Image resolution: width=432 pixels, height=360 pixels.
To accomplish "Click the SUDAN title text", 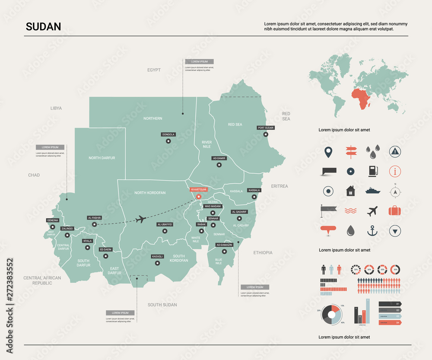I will click(x=43, y=27).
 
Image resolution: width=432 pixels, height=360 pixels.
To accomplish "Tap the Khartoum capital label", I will click(x=199, y=189).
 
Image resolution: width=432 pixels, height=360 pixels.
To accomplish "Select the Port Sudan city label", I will click(x=266, y=128).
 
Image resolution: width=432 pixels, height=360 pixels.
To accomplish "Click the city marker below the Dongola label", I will click(x=168, y=141).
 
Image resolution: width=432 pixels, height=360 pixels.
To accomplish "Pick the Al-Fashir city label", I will click(x=94, y=218).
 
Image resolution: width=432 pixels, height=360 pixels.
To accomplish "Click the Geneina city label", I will click(x=52, y=220).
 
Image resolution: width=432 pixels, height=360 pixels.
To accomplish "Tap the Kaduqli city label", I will click(x=157, y=256).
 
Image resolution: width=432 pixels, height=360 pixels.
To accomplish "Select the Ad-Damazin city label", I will click(x=224, y=245).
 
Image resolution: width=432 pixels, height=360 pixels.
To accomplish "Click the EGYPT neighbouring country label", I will click(x=154, y=70).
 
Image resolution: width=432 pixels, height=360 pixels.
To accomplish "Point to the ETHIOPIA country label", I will click(x=263, y=253).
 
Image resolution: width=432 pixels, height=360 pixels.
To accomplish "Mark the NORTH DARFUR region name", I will click(x=102, y=158).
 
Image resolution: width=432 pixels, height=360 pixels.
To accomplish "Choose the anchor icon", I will click(x=372, y=231).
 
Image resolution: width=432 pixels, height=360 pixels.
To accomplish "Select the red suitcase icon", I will click(x=394, y=210).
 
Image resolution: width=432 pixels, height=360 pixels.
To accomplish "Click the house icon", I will click(x=350, y=191).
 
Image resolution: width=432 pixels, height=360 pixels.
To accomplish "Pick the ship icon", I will click(x=372, y=190).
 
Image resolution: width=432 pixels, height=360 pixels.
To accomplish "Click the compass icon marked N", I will click(x=394, y=190).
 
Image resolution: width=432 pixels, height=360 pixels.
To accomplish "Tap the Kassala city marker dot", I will click(x=254, y=197).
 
